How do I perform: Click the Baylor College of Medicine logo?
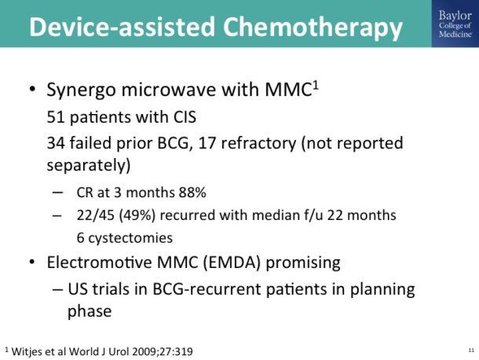click(x=453, y=24)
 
